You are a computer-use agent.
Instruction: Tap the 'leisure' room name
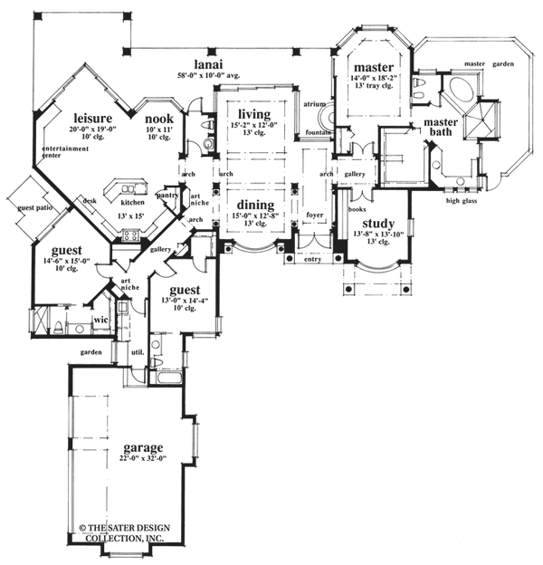pos(92,119)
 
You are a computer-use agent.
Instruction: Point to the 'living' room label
pos(254,113)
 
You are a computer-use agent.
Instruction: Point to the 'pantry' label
pos(166,194)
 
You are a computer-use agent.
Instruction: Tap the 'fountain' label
pos(317,134)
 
